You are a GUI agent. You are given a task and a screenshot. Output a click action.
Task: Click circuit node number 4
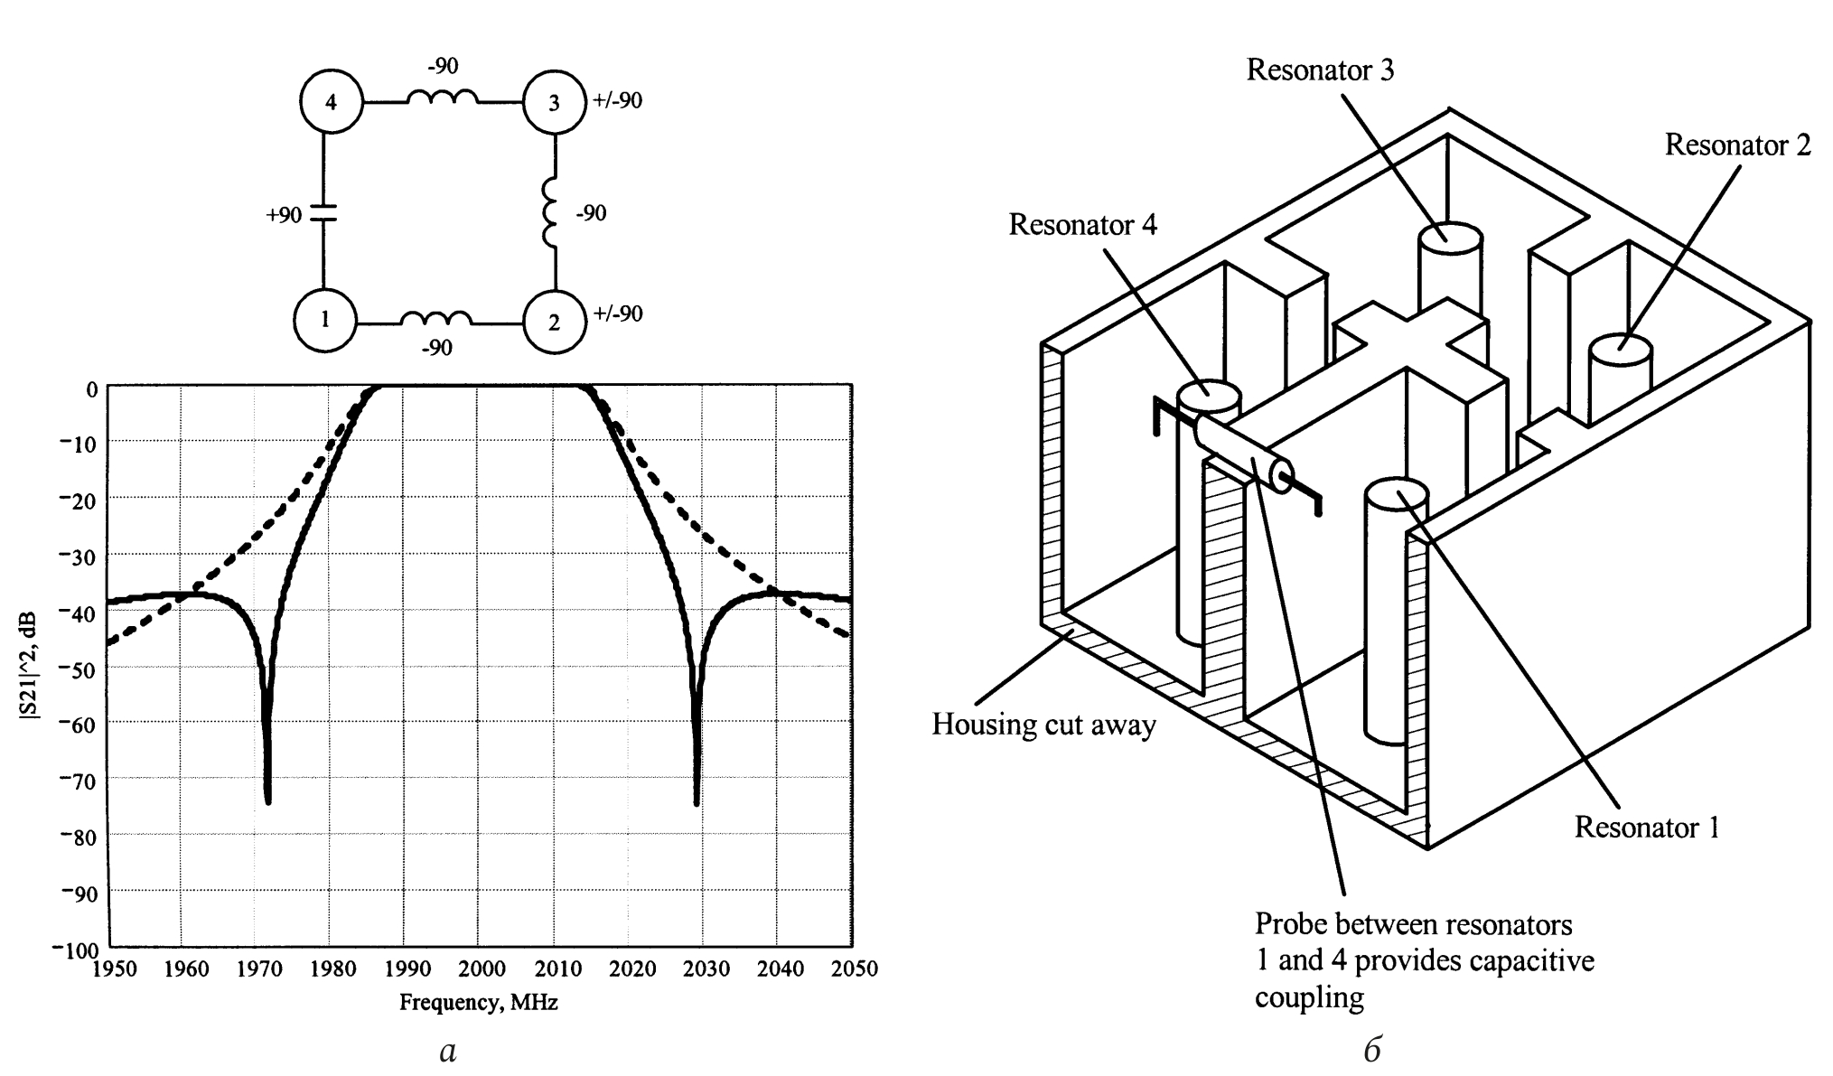click(331, 102)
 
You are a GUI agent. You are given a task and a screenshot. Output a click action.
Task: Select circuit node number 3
click(555, 102)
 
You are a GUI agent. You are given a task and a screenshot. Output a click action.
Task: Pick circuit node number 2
click(555, 322)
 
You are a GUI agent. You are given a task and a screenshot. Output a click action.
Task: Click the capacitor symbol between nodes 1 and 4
click(323, 212)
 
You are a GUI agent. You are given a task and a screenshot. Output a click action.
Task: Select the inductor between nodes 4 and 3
click(443, 97)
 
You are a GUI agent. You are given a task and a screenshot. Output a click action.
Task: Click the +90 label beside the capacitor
click(284, 215)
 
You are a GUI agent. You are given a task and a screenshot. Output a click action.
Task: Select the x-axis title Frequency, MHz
click(479, 1002)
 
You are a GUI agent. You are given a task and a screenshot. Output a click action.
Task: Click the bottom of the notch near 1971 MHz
click(267, 800)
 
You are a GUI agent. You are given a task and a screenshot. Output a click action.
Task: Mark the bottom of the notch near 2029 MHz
click(697, 801)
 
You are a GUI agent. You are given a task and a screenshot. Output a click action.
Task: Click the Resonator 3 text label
click(1320, 70)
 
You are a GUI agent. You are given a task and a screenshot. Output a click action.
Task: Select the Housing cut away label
click(1043, 725)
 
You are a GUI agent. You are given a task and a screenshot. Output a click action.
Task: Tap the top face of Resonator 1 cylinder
click(1396, 495)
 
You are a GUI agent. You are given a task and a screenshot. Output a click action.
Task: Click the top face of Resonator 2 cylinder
click(1621, 350)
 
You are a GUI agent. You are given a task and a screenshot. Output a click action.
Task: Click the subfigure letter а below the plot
click(448, 1051)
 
